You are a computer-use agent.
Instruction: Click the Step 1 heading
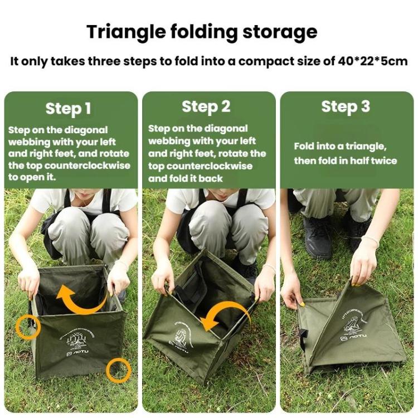(x=68, y=109)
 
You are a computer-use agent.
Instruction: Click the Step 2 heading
(x=206, y=106)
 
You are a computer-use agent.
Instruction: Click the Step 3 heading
(x=346, y=106)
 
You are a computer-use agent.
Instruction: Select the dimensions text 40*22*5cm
(x=373, y=61)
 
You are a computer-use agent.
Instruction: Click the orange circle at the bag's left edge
(x=27, y=327)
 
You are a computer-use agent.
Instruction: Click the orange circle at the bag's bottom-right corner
(x=118, y=370)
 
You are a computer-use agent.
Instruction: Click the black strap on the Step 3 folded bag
(x=303, y=338)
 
